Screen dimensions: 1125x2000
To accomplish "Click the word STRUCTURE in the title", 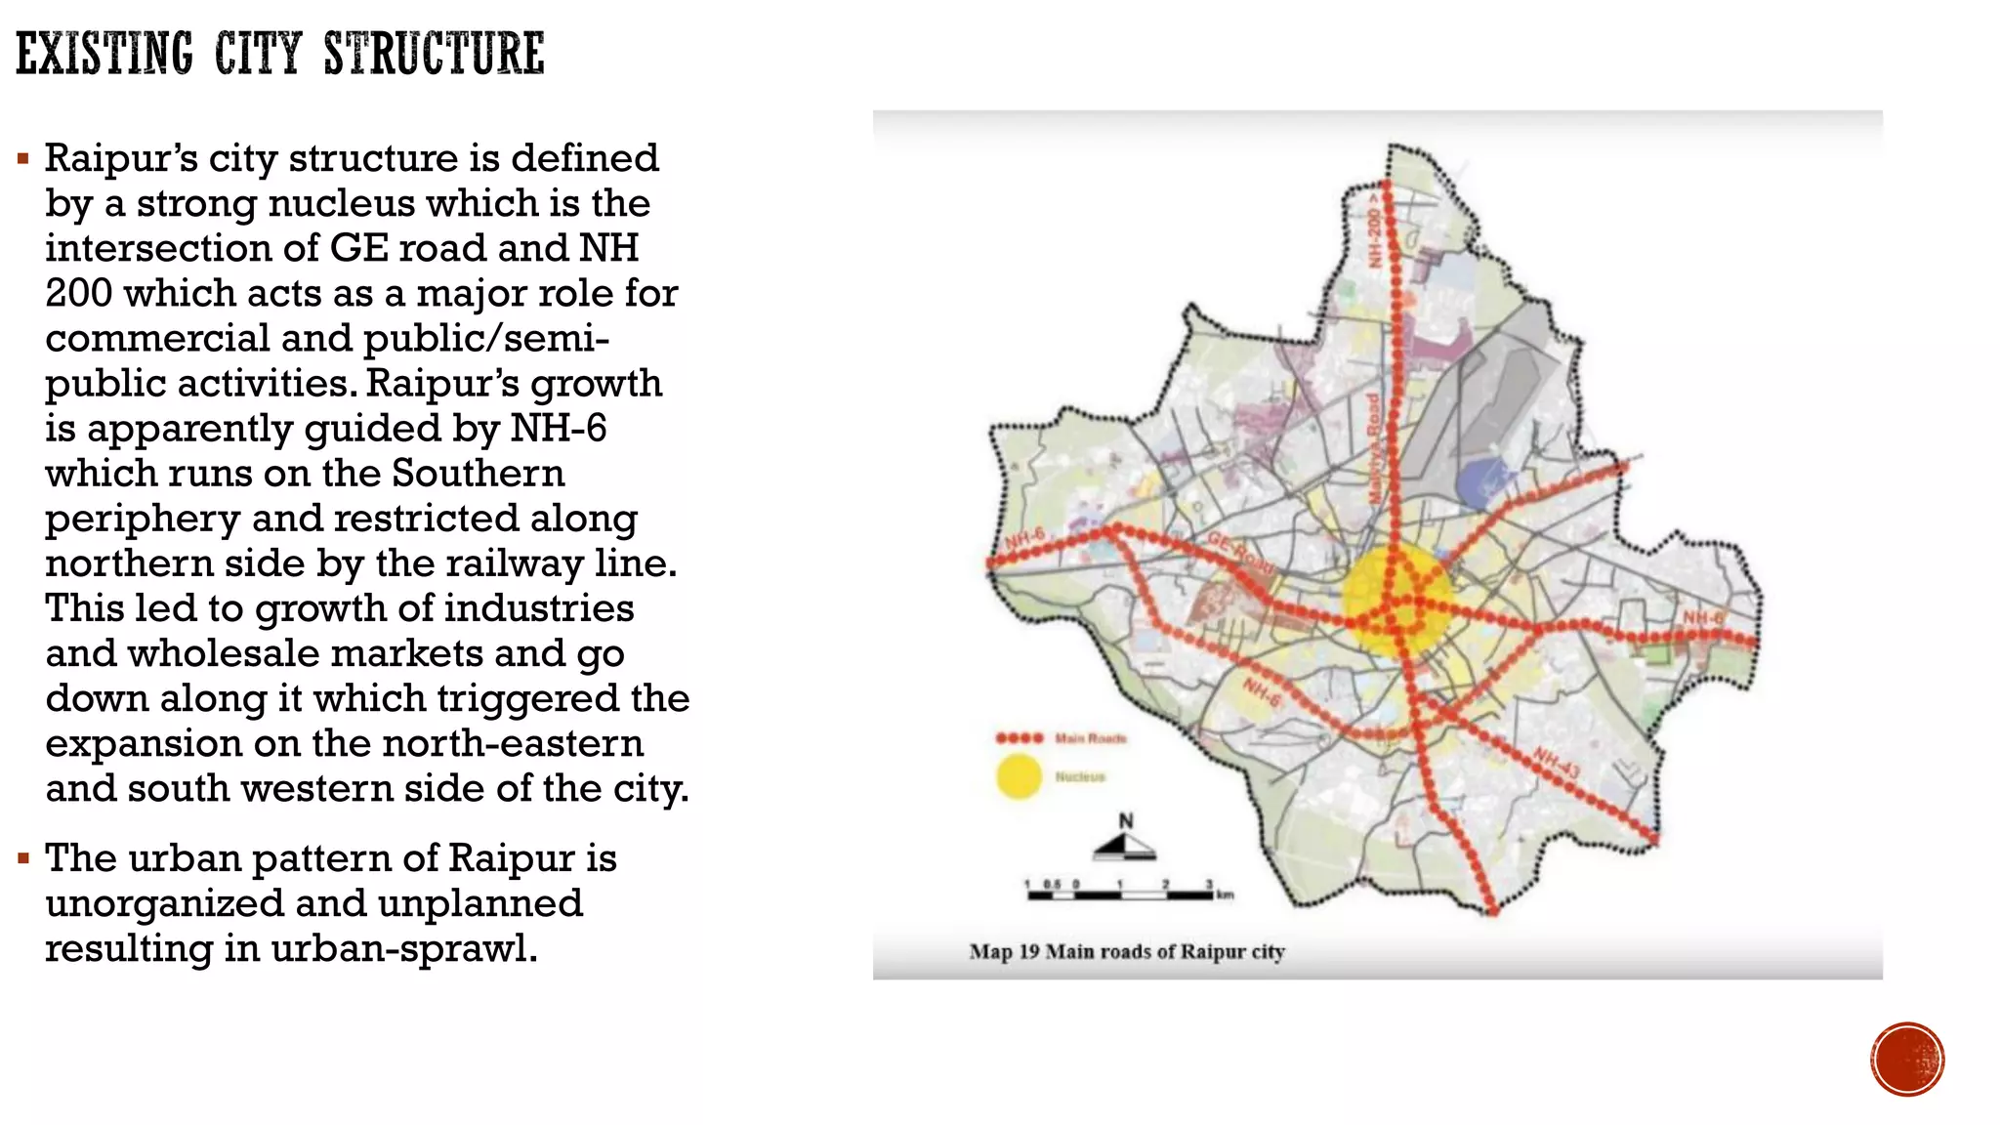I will point(434,54).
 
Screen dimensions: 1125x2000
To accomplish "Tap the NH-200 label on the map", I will point(1375,230).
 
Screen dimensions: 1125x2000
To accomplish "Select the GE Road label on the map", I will point(1240,554).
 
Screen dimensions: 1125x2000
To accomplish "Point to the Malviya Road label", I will point(1373,449).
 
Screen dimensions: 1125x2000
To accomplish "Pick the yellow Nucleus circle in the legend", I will point(1019,776).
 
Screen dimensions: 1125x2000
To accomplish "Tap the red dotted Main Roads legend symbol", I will point(1020,738).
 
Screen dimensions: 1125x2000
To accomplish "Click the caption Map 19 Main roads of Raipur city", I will point(1126,951).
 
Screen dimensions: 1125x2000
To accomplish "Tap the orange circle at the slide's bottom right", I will point(1907,1060).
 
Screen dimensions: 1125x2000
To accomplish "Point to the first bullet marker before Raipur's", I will point(23,158).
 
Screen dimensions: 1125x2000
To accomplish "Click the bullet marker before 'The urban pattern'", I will point(23,858).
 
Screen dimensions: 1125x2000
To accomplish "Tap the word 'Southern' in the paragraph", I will point(478,474).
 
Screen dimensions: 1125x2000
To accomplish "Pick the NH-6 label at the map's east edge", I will point(1703,617).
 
